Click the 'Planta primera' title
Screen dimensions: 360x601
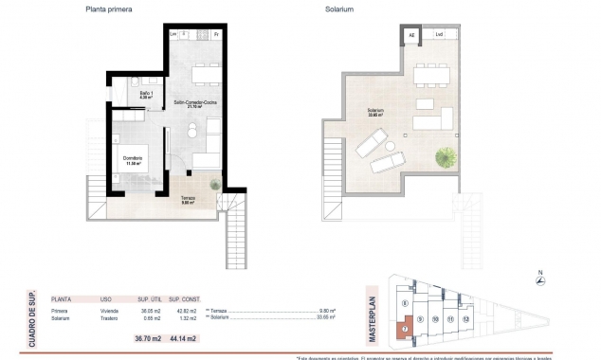click(109, 9)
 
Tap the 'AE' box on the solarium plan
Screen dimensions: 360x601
click(412, 35)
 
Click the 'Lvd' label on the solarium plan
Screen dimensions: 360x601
click(439, 35)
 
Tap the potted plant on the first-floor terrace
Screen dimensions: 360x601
click(216, 184)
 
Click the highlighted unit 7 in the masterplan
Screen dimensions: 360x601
click(404, 329)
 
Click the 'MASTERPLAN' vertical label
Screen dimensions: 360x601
click(373, 318)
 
